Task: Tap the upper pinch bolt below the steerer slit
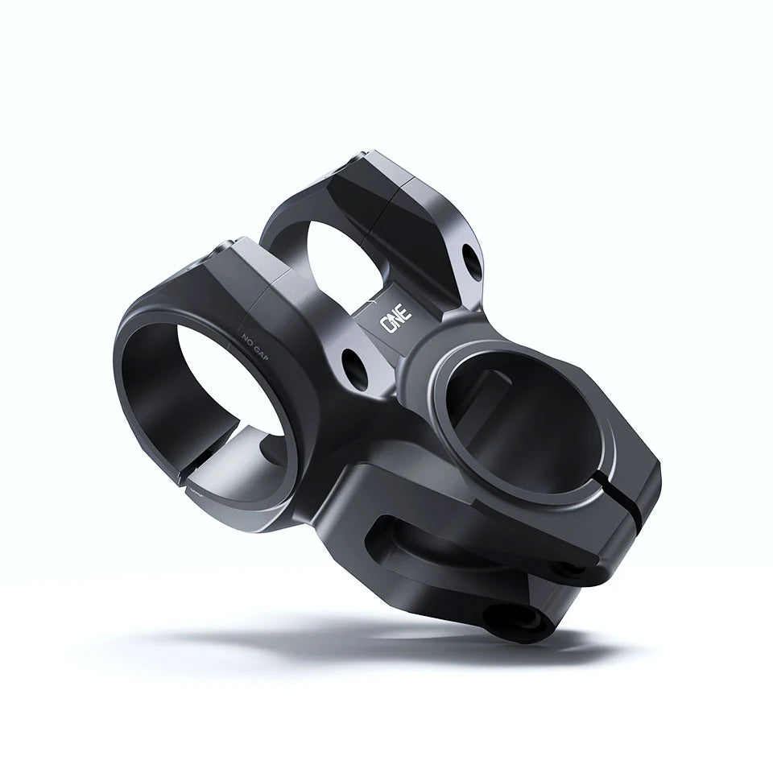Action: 577,568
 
